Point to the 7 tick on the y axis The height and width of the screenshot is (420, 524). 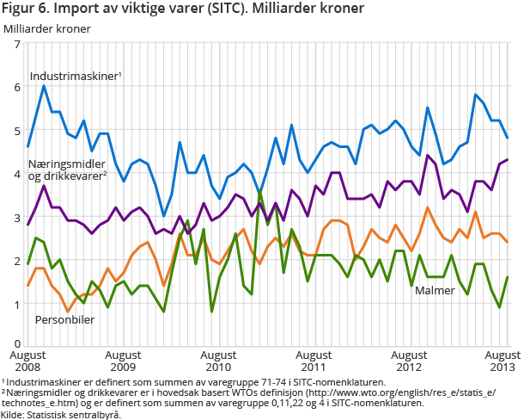[x=17, y=44]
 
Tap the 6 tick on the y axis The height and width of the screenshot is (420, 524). [x=17, y=87]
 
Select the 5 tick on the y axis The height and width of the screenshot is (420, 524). [x=17, y=131]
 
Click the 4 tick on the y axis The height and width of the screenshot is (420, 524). [x=17, y=174]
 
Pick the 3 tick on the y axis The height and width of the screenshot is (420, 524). [x=17, y=218]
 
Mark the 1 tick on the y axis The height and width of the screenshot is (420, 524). [x=17, y=304]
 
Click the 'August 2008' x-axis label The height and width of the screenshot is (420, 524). [x=28, y=360]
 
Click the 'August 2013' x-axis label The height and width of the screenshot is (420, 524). [x=502, y=360]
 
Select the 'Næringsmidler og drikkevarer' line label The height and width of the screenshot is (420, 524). [x=67, y=170]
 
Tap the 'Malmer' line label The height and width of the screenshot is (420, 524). [x=435, y=291]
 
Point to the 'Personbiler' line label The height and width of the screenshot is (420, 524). [x=64, y=320]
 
